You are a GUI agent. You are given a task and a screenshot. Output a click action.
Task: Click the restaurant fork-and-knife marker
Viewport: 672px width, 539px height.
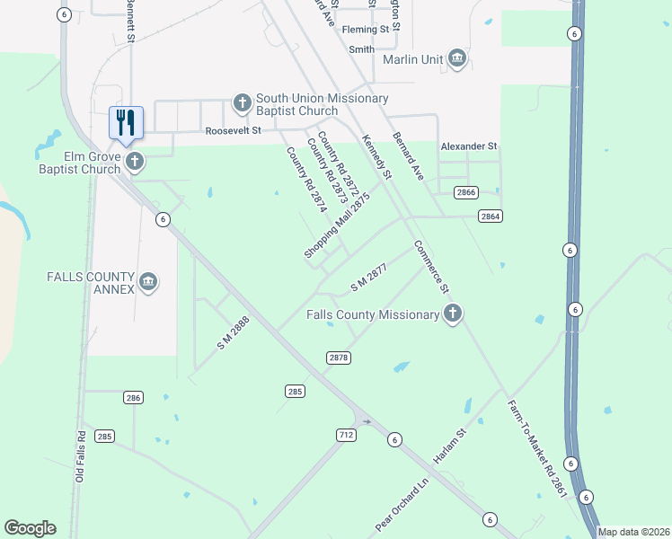pyautogui.click(x=126, y=122)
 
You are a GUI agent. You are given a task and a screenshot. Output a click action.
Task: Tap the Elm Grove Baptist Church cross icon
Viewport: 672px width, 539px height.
pyautogui.click(x=135, y=162)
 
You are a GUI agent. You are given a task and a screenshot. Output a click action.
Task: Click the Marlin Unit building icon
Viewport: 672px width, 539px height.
pyautogui.click(x=458, y=59)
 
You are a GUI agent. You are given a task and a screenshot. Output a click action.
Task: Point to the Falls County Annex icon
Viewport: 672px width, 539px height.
pyautogui.click(x=149, y=283)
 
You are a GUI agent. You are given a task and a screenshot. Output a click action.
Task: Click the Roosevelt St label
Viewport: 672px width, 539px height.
pyautogui.click(x=233, y=130)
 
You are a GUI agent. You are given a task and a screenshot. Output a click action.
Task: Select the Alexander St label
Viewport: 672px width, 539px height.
pyautogui.click(x=468, y=146)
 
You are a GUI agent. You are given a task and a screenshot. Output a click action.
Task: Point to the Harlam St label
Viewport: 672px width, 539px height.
pyautogui.click(x=451, y=446)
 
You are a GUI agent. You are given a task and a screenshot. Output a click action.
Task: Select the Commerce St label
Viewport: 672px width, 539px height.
pyautogui.click(x=431, y=268)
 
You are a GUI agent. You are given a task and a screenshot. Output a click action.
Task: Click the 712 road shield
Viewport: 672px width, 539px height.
pyautogui.click(x=346, y=435)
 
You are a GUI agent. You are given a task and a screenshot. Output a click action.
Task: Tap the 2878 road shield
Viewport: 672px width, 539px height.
pyautogui.click(x=338, y=358)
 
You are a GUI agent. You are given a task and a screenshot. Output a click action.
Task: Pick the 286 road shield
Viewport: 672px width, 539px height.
pyautogui.click(x=133, y=397)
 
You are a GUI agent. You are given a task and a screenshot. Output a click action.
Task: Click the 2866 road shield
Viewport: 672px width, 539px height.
pyautogui.click(x=465, y=192)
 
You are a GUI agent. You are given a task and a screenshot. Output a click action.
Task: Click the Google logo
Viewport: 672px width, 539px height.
pyautogui.click(x=30, y=528)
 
